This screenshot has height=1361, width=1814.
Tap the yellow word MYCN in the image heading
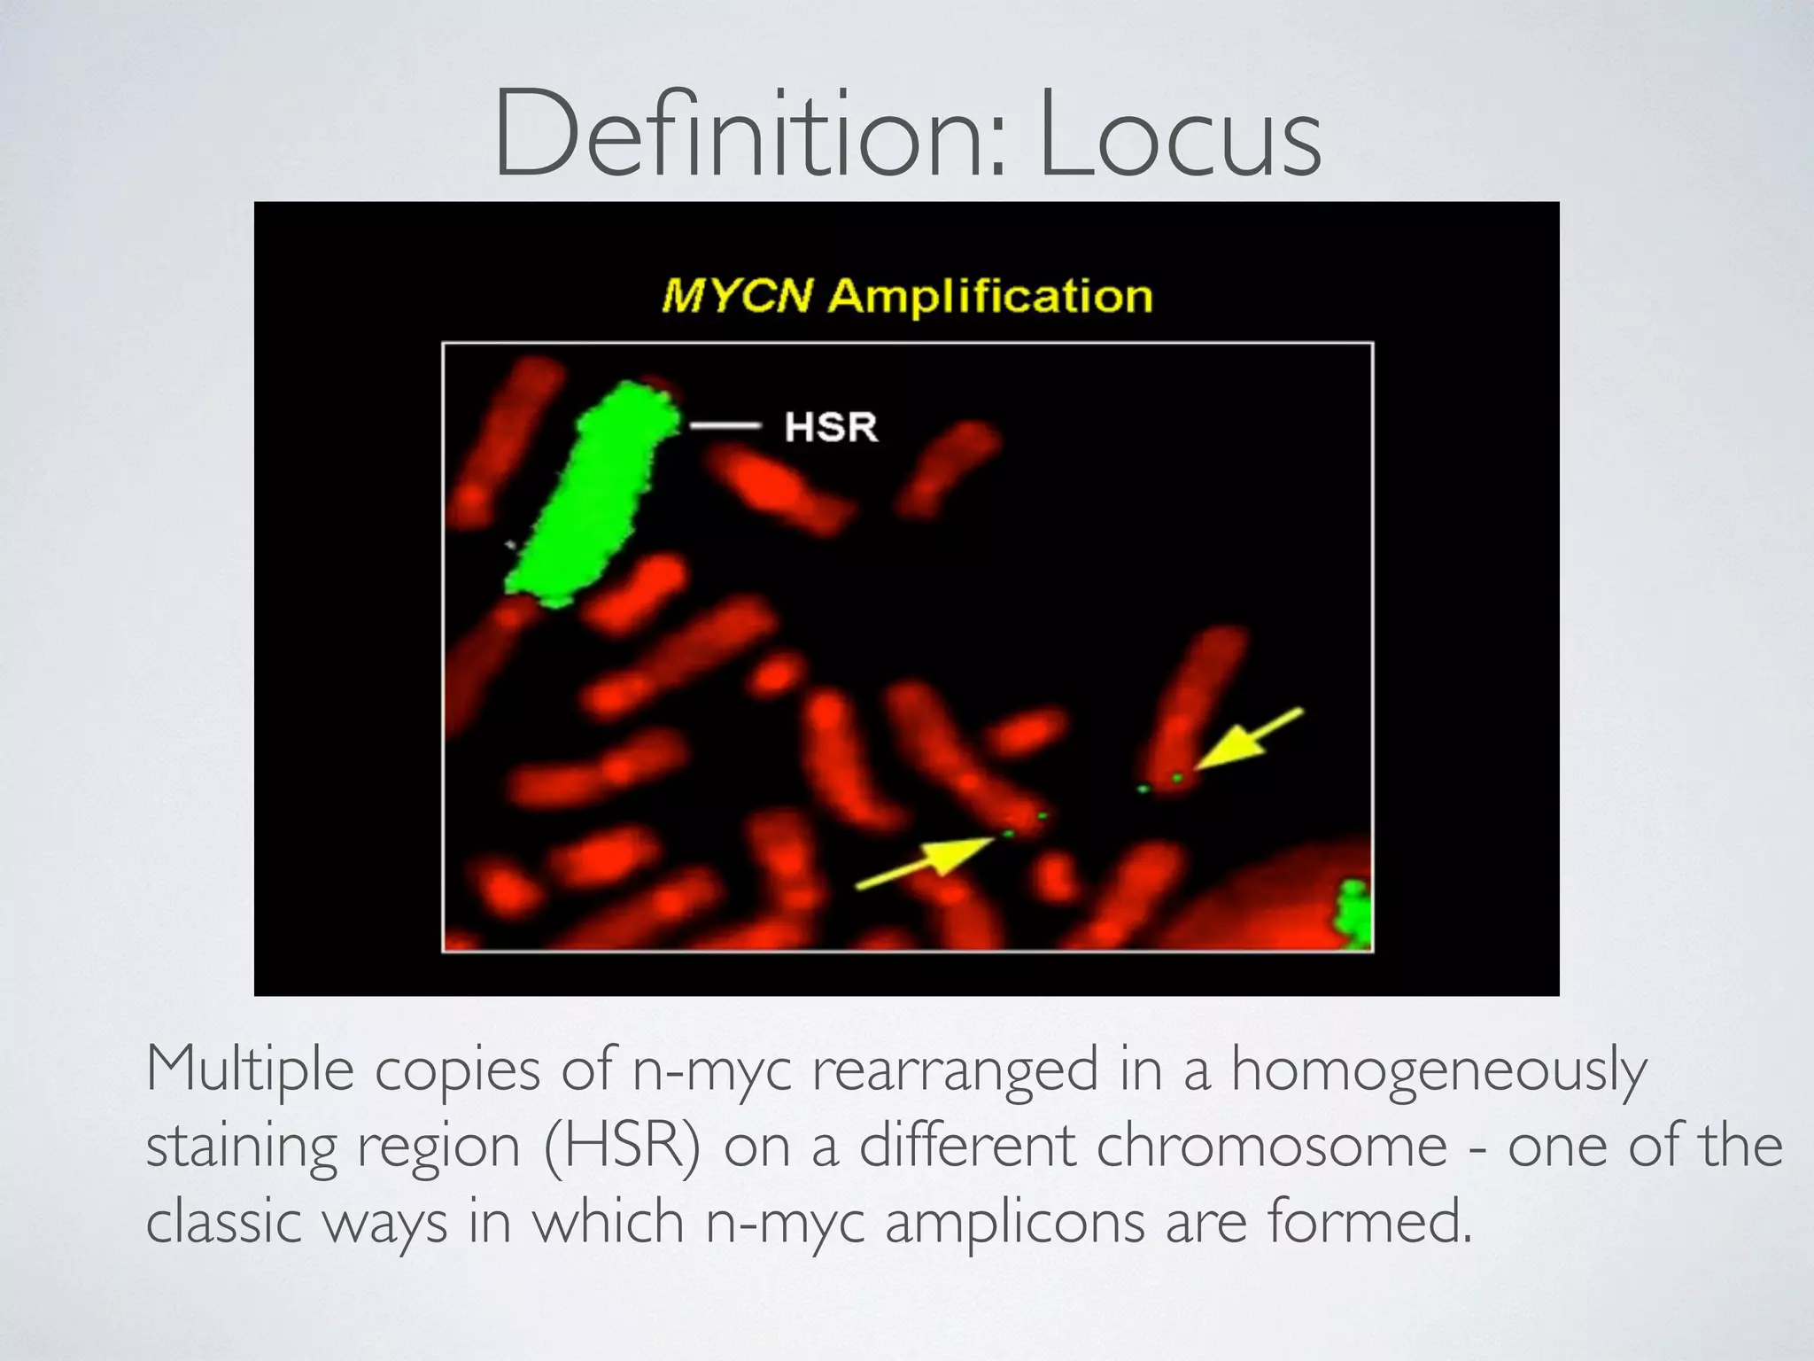(736, 296)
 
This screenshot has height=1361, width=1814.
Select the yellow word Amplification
(989, 296)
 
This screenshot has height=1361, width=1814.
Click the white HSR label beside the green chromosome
(830, 427)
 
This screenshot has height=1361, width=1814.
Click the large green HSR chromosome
(589, 496)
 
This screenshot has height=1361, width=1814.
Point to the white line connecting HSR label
(725, 426)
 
